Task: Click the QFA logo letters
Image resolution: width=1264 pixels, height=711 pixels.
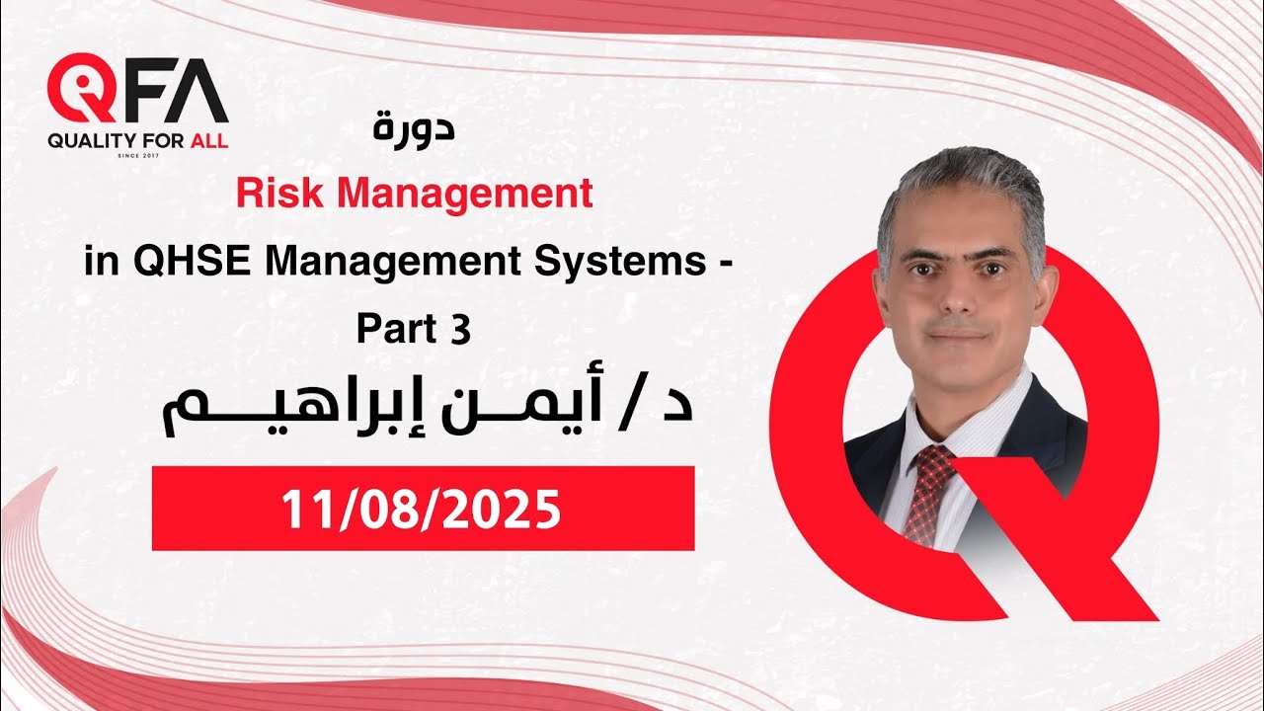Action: [137, 91]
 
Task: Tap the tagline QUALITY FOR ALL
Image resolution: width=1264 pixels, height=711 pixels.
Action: [137, 140]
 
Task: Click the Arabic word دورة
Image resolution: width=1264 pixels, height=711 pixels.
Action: [416, 129]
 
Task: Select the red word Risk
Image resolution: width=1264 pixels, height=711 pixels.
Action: [273, 195]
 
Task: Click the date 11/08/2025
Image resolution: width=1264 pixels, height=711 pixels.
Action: [422, 510]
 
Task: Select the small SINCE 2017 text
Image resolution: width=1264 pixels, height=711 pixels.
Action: [137, 155]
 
